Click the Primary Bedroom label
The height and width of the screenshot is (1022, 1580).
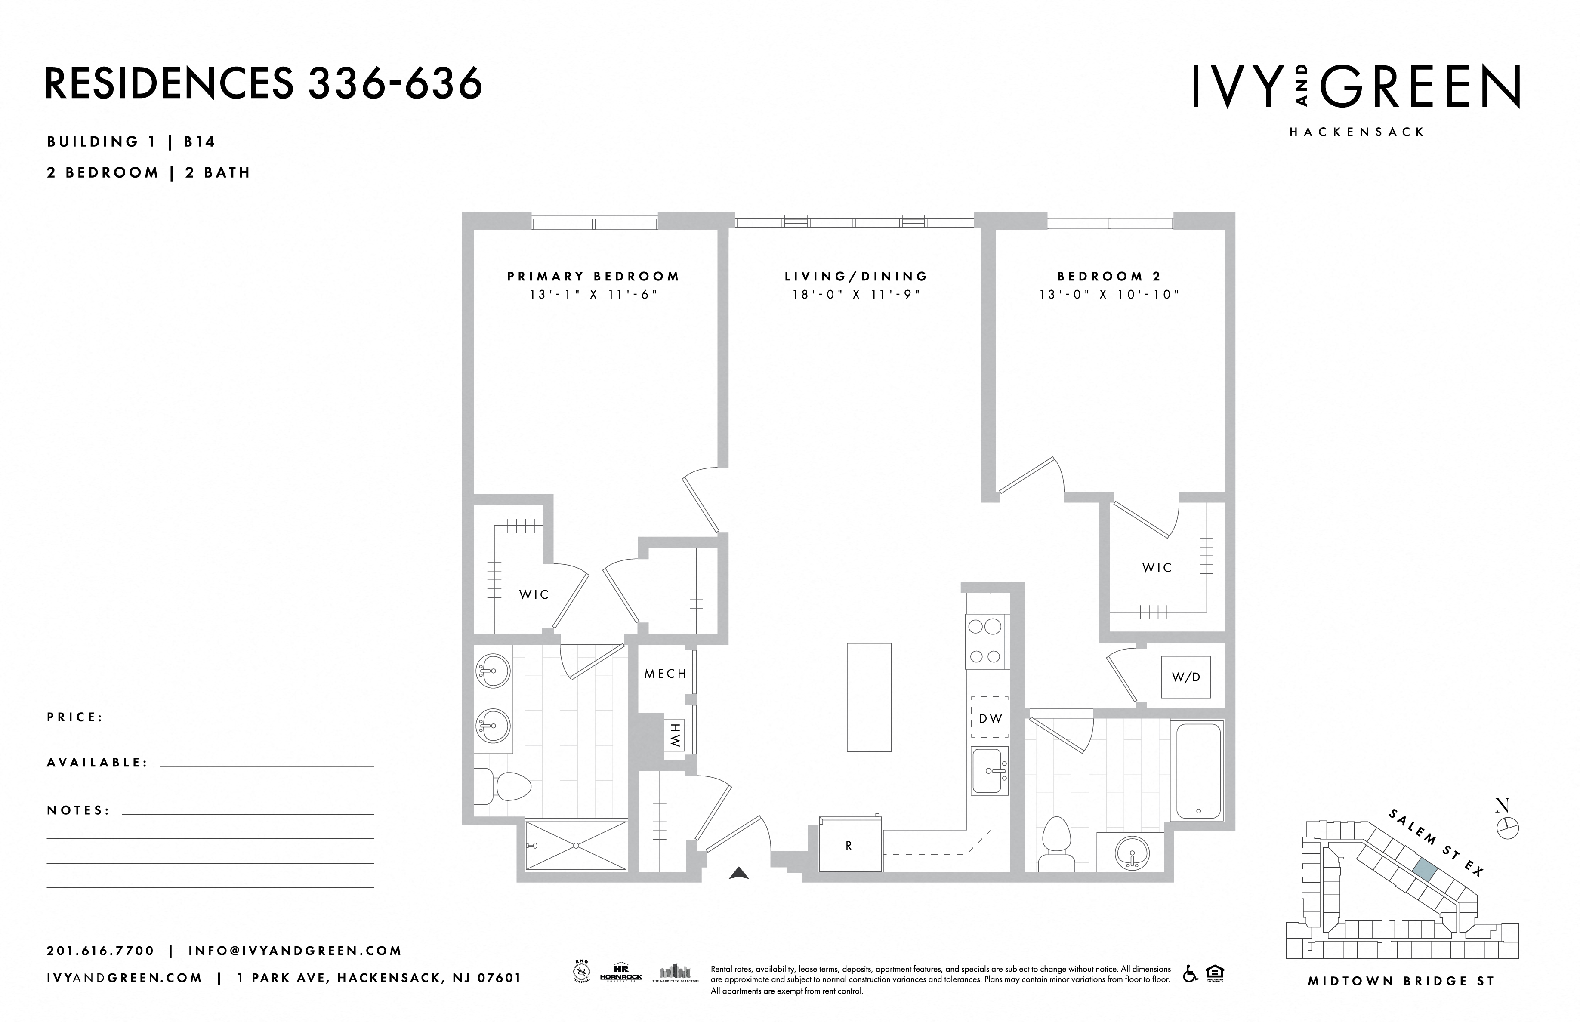(x=593, y=276)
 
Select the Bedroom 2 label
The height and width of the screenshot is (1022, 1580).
(x=1109, y=276)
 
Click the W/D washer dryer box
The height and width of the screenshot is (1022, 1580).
(x=1186, y=677)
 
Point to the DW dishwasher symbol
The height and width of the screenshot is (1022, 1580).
(x=990, y=717)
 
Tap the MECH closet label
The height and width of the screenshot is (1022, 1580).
(x=665, y=674)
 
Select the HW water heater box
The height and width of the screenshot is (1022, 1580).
(x=674, y=736)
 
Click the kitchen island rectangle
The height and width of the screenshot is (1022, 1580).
(x=869, y=697)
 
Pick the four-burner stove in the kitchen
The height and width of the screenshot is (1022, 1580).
(x=985, y=641)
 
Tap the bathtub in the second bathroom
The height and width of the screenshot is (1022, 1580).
(x=1198, y=771)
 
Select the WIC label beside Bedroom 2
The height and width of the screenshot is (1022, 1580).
(x=1157, y=567)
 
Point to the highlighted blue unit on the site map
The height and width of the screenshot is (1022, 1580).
(x=1424, y=868)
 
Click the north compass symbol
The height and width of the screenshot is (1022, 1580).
(x=1508, y=828)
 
